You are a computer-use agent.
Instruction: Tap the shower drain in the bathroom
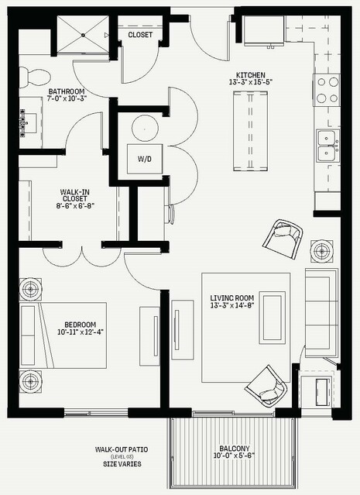pos(84,35)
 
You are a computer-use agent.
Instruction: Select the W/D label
pos(145,159)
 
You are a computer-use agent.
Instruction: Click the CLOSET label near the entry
pos(140,35)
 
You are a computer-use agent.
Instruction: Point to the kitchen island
pos(251,131)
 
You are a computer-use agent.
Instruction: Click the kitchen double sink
pos(328,146)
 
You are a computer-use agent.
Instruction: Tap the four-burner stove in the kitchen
pos(327,90)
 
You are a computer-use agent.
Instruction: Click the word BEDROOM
pos(81,325)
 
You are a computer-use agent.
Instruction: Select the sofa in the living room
pos(321,313)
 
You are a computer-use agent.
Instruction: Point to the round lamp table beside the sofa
pos(321,251)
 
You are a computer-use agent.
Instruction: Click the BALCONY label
pos(235,449)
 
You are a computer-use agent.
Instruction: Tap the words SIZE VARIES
pos(122,464)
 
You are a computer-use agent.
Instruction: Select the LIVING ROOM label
pos(232,297)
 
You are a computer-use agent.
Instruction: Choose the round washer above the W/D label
pos(145,129)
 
